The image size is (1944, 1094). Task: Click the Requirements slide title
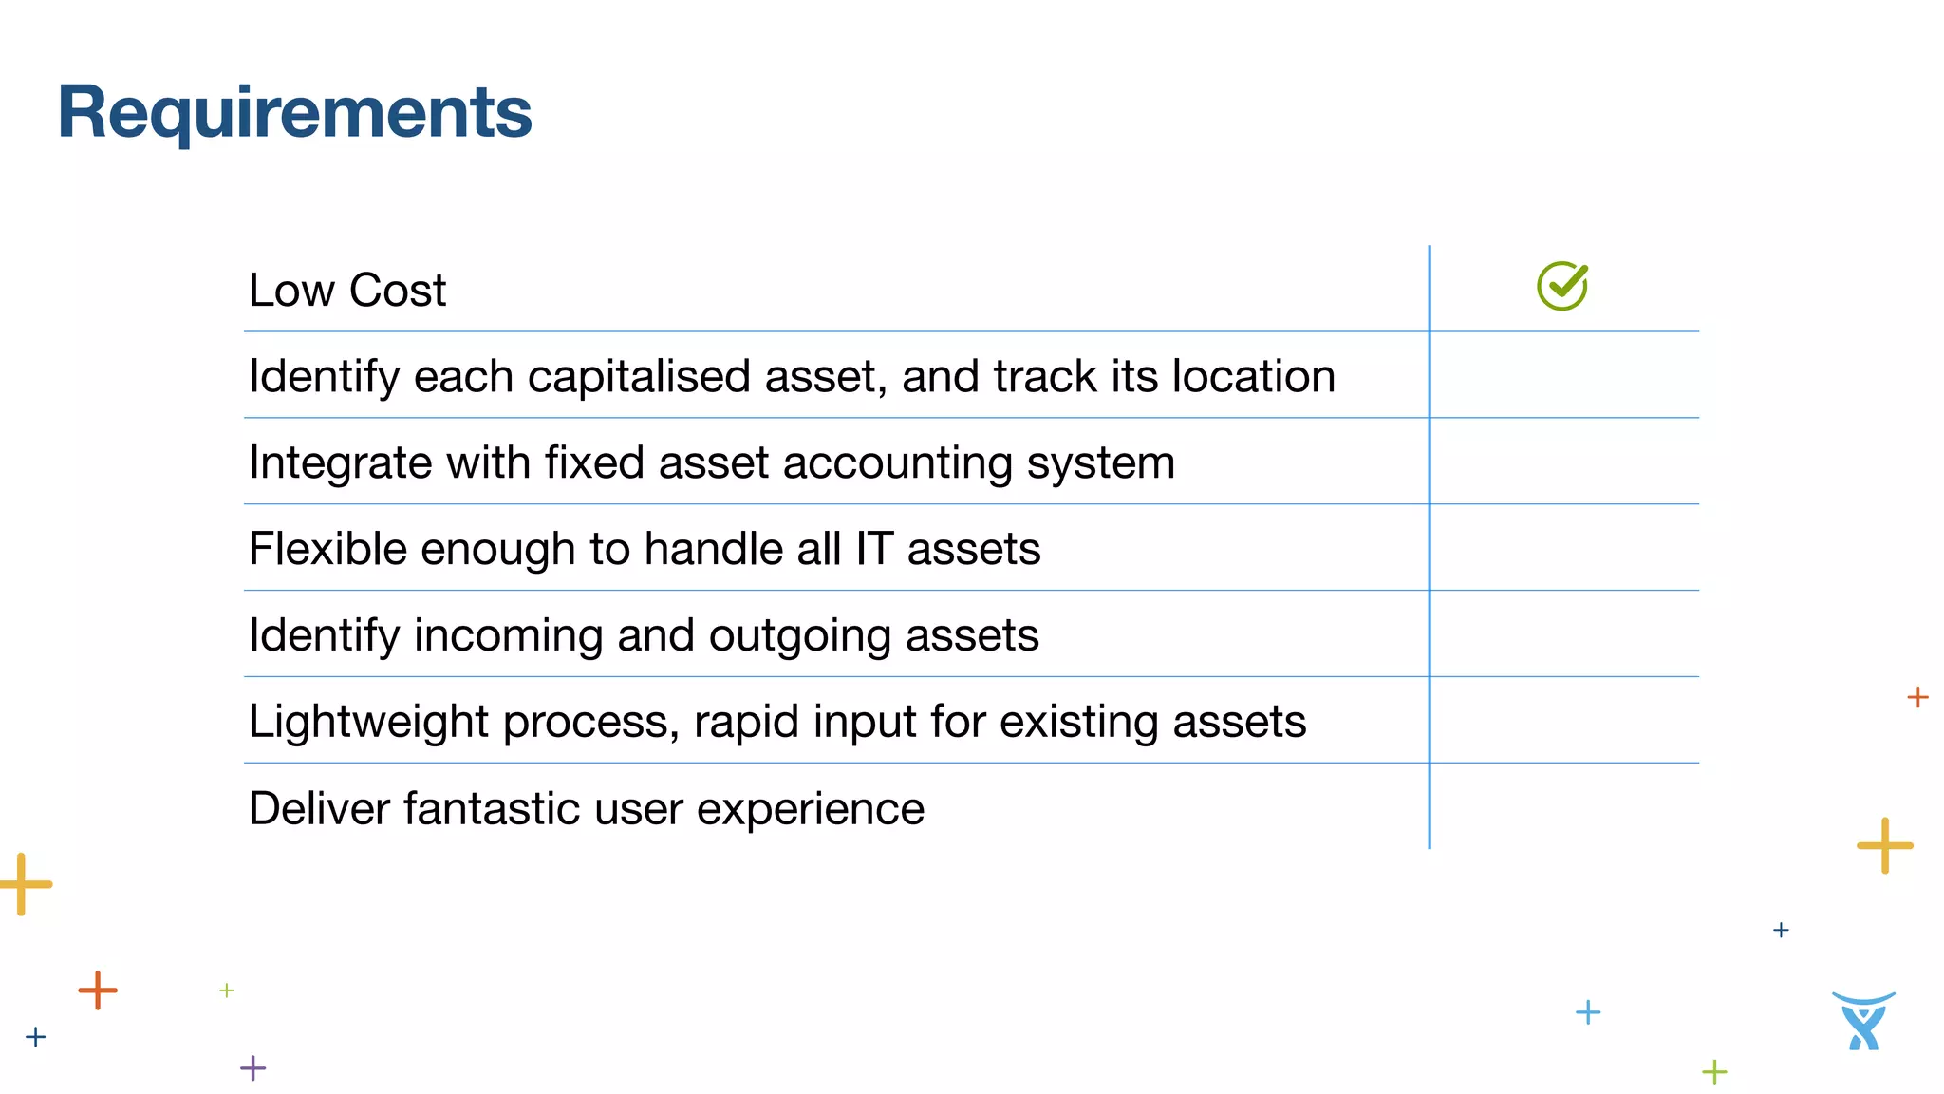coord(294,112)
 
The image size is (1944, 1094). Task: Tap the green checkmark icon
coord(1562,286)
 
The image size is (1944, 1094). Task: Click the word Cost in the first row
coord(397,290)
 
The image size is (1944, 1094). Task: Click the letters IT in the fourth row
coord(873,549)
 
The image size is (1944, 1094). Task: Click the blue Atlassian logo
coord(1863,1022)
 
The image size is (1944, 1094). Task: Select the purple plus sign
coord(252,1068)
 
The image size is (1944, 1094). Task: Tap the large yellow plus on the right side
coord(1885,845)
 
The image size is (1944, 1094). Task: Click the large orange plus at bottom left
coord(98,990)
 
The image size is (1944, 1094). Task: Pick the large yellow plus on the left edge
coord(23,884)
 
